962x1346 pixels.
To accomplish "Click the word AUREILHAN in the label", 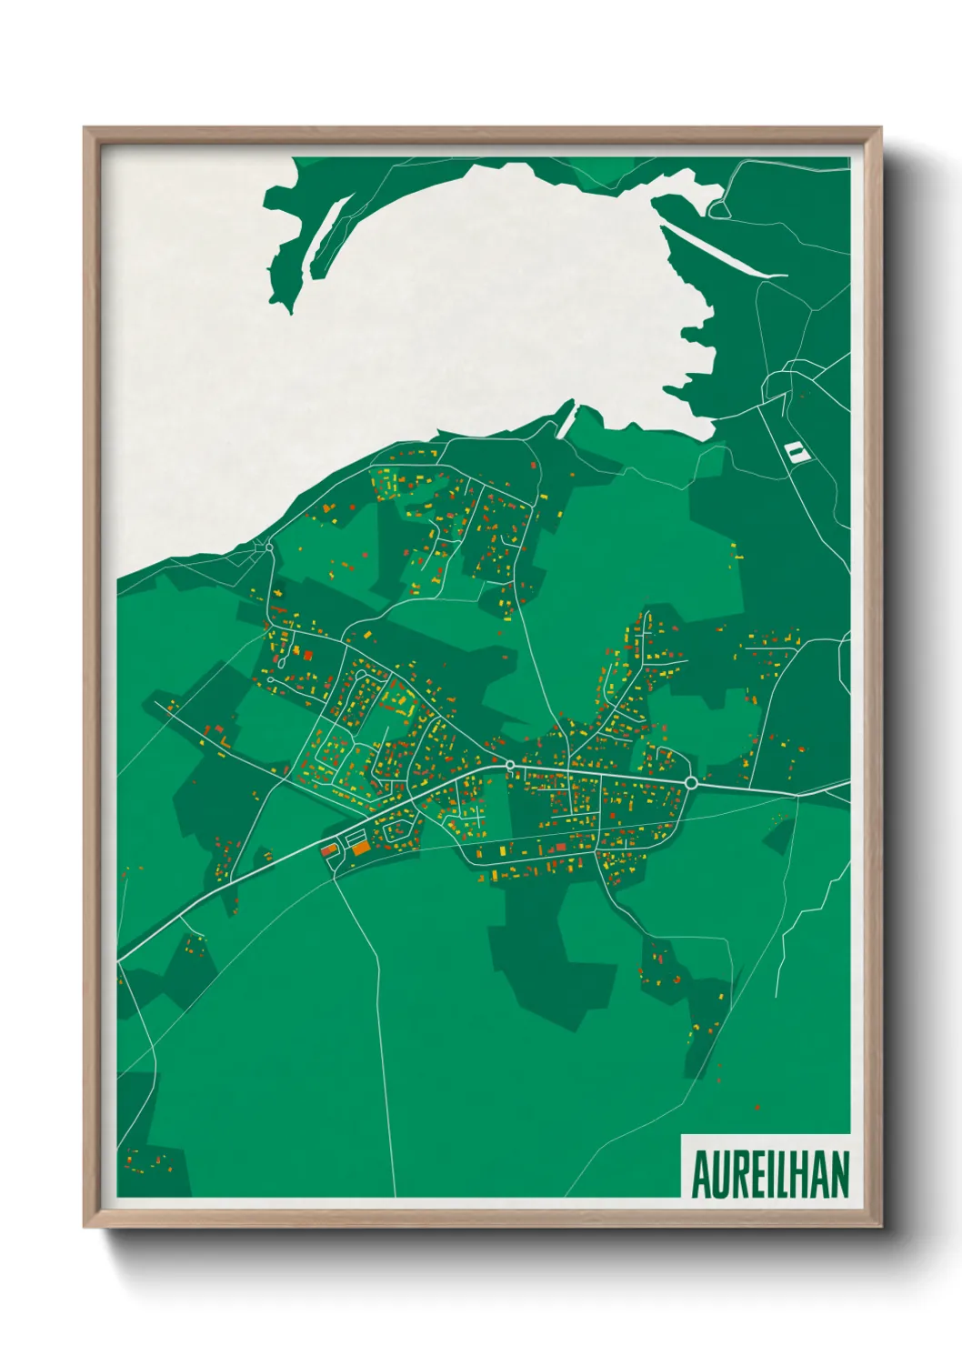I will pos(770,1175).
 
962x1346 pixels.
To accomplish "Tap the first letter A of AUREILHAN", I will pos(701,1175).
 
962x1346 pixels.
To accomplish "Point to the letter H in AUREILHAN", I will pos(803,1175).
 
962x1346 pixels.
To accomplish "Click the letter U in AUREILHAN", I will pos(719,1175).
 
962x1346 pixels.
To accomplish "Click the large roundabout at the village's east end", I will pos(691,782).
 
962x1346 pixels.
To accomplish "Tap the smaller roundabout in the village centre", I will pos(510,765).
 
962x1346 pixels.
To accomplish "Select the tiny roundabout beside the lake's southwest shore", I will pos(269,548).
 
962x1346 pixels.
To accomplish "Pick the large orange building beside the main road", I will pos(361,848).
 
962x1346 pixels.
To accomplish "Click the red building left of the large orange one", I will pos(327,850).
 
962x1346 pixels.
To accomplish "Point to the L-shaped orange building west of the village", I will pos(223,741).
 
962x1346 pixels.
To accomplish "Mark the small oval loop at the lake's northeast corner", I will pos(718,210).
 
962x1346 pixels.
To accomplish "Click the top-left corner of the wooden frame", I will pos(85,129).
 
